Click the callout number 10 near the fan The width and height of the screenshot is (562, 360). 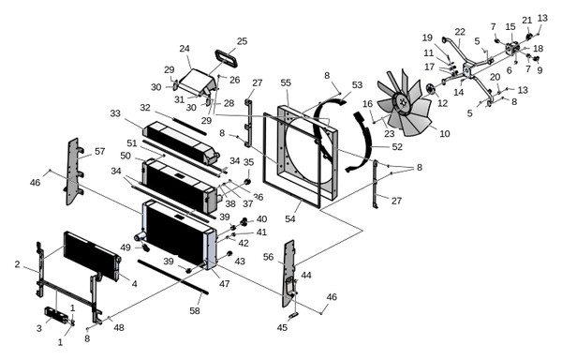[444, 134]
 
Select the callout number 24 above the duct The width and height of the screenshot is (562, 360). [185, 49]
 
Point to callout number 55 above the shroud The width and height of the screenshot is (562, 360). [286, 82]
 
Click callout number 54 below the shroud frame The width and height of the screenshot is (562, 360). [290, 218]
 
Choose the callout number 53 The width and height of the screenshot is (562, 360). [357, 85]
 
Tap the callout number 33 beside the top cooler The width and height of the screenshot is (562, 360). [115, 113]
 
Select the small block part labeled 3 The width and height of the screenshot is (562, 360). [56, 315]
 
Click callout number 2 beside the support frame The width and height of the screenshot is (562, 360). [17, 264]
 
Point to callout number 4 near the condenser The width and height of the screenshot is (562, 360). [134, 284]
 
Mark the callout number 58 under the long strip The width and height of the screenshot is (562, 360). [195, 310]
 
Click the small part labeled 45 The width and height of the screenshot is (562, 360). [293, 315]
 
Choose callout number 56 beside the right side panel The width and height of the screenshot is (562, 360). [268, 257]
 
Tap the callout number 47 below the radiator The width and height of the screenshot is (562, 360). [225, 284]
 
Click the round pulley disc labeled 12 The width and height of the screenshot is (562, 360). [431, 89]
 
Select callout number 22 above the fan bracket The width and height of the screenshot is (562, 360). [460, 32]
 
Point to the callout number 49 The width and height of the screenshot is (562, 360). [126, 247]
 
